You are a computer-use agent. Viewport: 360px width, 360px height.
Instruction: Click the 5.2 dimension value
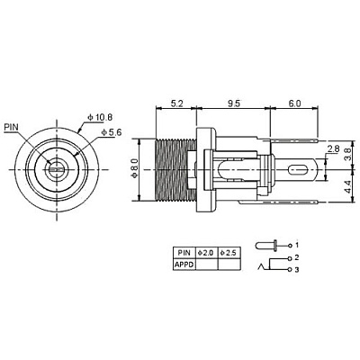pos(176,103)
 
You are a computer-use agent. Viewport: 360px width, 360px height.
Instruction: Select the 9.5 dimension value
pos(234,103)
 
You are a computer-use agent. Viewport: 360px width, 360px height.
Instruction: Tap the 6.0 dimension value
pos(294,103)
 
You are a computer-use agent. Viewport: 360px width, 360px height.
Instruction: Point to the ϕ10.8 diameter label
pos(100,118)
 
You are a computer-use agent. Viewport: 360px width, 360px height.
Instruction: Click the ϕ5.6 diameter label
pos(112,132)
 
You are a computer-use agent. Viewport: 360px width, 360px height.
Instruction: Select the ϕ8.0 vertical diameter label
pos(134,170)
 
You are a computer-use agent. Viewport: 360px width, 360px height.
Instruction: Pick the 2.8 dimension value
pos(333,148)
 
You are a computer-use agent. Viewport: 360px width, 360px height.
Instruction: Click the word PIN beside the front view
pos(11,127)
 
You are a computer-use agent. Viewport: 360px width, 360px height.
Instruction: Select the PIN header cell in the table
pos(184,253)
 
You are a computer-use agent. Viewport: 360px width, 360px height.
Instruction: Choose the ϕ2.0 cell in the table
pos(207,253)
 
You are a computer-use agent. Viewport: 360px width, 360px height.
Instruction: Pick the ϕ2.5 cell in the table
pos(229,253)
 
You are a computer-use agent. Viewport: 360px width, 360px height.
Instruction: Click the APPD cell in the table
pos(184,265)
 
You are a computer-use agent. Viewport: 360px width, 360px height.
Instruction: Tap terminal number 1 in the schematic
pos(297,245)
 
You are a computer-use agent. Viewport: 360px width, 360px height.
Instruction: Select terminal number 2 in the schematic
pos(297,257)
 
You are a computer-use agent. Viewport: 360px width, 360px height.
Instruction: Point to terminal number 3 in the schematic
pos(297,270)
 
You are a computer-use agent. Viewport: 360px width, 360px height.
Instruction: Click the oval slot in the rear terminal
pos(298,170)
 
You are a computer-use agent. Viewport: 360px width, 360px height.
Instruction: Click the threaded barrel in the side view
pos(175,170)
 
